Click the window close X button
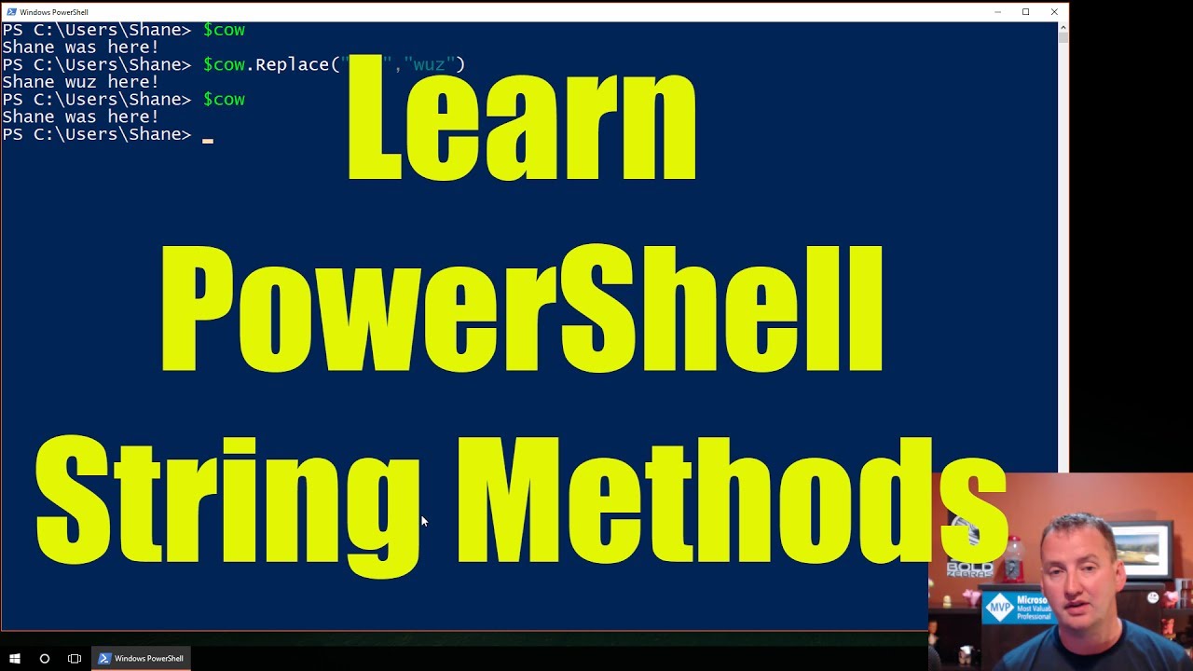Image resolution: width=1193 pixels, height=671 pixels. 1054,12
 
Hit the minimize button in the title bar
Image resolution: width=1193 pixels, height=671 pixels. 997,12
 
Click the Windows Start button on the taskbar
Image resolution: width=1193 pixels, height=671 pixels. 15,658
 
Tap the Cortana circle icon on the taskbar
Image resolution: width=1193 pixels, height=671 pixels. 44,658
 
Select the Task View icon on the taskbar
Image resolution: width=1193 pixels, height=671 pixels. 75,658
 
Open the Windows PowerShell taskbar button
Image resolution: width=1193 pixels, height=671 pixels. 141,658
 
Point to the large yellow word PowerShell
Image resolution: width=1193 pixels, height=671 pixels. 522,308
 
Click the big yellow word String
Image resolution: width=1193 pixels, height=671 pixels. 228,503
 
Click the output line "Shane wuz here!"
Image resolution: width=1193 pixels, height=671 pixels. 80,82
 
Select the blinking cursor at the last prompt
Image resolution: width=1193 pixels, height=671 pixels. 208,140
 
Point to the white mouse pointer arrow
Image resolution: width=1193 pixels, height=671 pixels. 424,522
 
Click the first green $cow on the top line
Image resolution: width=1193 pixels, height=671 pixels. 224,30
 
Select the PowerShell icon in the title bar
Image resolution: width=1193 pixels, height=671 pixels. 11,12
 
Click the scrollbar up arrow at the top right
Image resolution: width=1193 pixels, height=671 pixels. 1063,29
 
